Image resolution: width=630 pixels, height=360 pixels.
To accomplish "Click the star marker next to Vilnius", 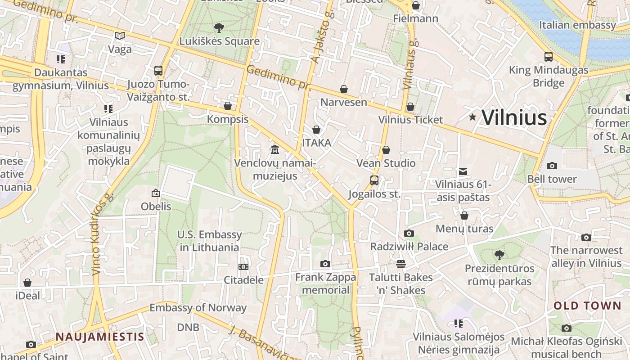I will pos(472,117).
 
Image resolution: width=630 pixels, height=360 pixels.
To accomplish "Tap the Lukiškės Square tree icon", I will pos(219,28).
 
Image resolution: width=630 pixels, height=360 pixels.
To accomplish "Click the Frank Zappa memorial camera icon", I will pos(325,264).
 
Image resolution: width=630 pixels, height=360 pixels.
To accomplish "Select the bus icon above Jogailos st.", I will pos(374,180).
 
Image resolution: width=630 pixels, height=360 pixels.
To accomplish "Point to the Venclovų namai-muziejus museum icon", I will pos(274,149).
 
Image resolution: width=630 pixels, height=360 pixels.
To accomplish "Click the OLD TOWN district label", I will pos(587,306).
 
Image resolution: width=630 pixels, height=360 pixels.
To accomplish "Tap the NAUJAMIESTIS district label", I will pos(100,337).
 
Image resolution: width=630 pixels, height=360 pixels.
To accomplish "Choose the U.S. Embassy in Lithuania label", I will pos(209,241).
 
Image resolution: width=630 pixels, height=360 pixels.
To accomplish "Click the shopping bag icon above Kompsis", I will pos(228,106).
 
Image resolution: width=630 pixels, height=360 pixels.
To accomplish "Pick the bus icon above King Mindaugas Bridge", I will pos(549,57).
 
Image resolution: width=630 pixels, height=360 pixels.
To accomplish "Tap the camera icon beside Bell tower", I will pos(552,166).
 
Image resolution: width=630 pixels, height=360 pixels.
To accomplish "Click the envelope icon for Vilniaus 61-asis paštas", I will pos(463,171).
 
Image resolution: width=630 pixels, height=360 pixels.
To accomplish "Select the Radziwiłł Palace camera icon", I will pos(409,234).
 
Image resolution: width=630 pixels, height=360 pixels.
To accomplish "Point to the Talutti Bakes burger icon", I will pos(401,264).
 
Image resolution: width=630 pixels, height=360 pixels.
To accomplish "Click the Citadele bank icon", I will pos(243,267).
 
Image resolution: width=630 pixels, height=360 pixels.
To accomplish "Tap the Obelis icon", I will pos(156,193).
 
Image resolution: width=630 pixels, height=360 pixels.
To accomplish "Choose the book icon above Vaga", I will pos(120,36).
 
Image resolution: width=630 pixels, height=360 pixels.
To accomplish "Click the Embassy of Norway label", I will pos(198,308).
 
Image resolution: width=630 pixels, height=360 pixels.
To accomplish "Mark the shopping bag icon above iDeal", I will pos(27,283).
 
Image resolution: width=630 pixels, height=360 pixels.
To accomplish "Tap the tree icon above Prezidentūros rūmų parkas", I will pos(499,255).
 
